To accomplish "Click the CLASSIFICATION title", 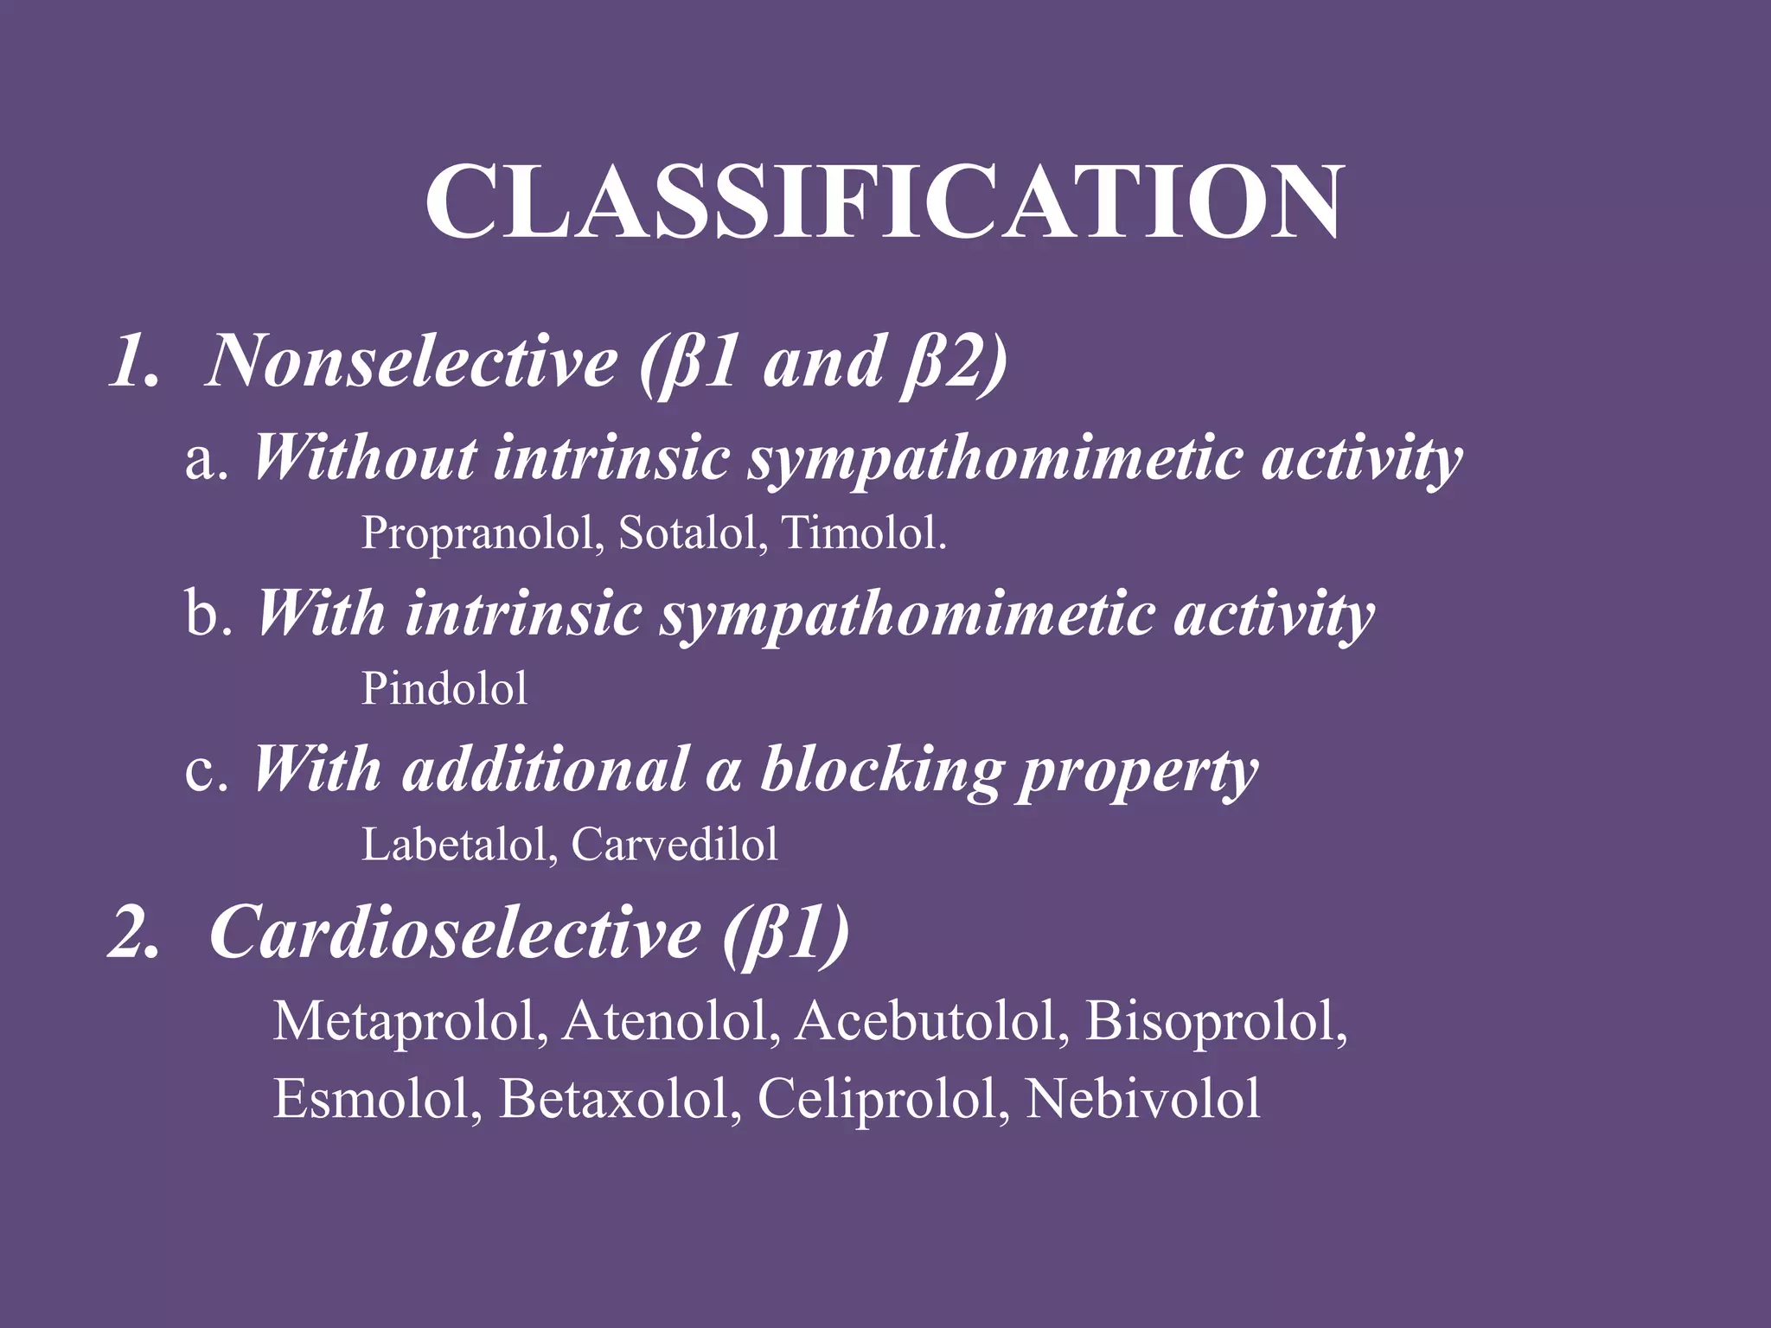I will click(x=884, y=203).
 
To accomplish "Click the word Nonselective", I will click(x=412, y=361).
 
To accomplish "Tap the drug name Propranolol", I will click(x=481, y=533).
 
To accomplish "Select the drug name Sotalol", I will click(x=691, y=533).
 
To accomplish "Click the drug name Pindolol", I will click(x=444, y=689).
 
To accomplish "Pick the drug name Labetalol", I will click(x=458, y=845).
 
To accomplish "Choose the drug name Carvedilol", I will click(x=674, y=845).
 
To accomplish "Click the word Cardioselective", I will click(x=455, y=933).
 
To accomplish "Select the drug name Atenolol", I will click(x=669, y=1021).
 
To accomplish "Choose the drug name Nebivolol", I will click(x=1142, y=1099).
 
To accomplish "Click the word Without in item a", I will click(x=364, y=457).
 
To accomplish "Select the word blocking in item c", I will click(x=879, y=769).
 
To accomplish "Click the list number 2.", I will click(x=133, y=934).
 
